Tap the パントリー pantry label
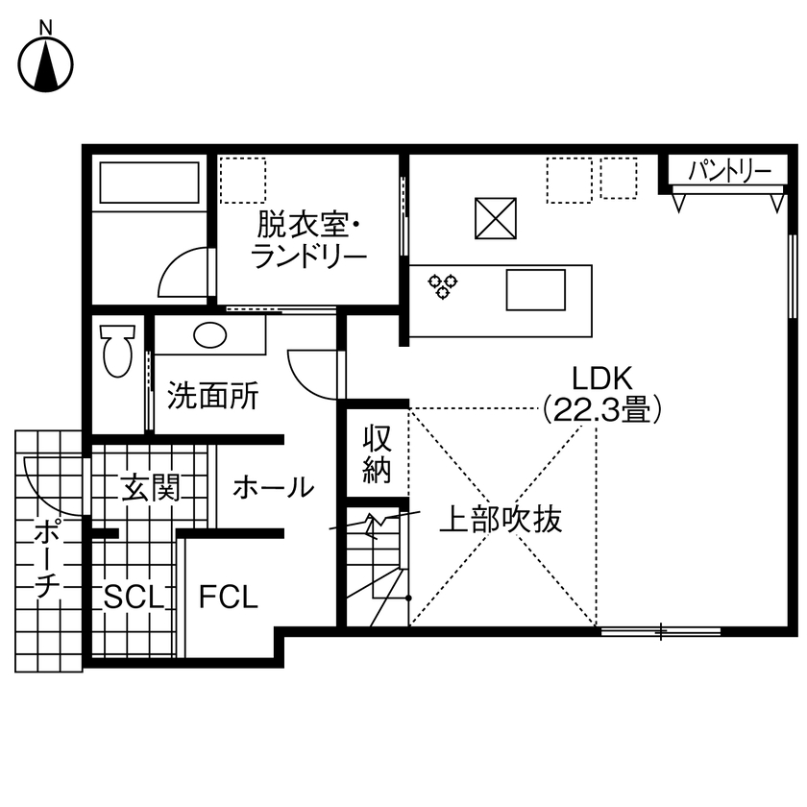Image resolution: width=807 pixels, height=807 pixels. [x=730, y=172]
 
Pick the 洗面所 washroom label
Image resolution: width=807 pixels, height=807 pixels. [x=212, y=397]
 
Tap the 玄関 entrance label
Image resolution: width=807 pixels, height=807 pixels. [x=151, y=489]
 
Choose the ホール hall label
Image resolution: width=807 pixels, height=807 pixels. [x=273, y=487]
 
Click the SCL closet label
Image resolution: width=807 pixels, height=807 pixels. [x=135, y=598]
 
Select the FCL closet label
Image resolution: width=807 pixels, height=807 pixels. [x=229, y=598]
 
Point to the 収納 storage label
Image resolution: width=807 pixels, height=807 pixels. [x=377, y=455]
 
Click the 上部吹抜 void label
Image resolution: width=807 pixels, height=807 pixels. [x=500, y=520]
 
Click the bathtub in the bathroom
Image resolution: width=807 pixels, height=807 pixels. [x=149, y=183]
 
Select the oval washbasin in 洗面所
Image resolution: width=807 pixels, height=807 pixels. [x=208, y=335]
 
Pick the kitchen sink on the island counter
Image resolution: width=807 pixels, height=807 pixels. [x=535, y=289]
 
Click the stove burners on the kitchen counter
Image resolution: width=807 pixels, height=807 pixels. [x=444, y=285]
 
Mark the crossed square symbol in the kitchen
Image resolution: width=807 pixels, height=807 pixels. [x=496, y=219]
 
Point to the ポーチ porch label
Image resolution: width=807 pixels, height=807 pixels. [x=45, y=559]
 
